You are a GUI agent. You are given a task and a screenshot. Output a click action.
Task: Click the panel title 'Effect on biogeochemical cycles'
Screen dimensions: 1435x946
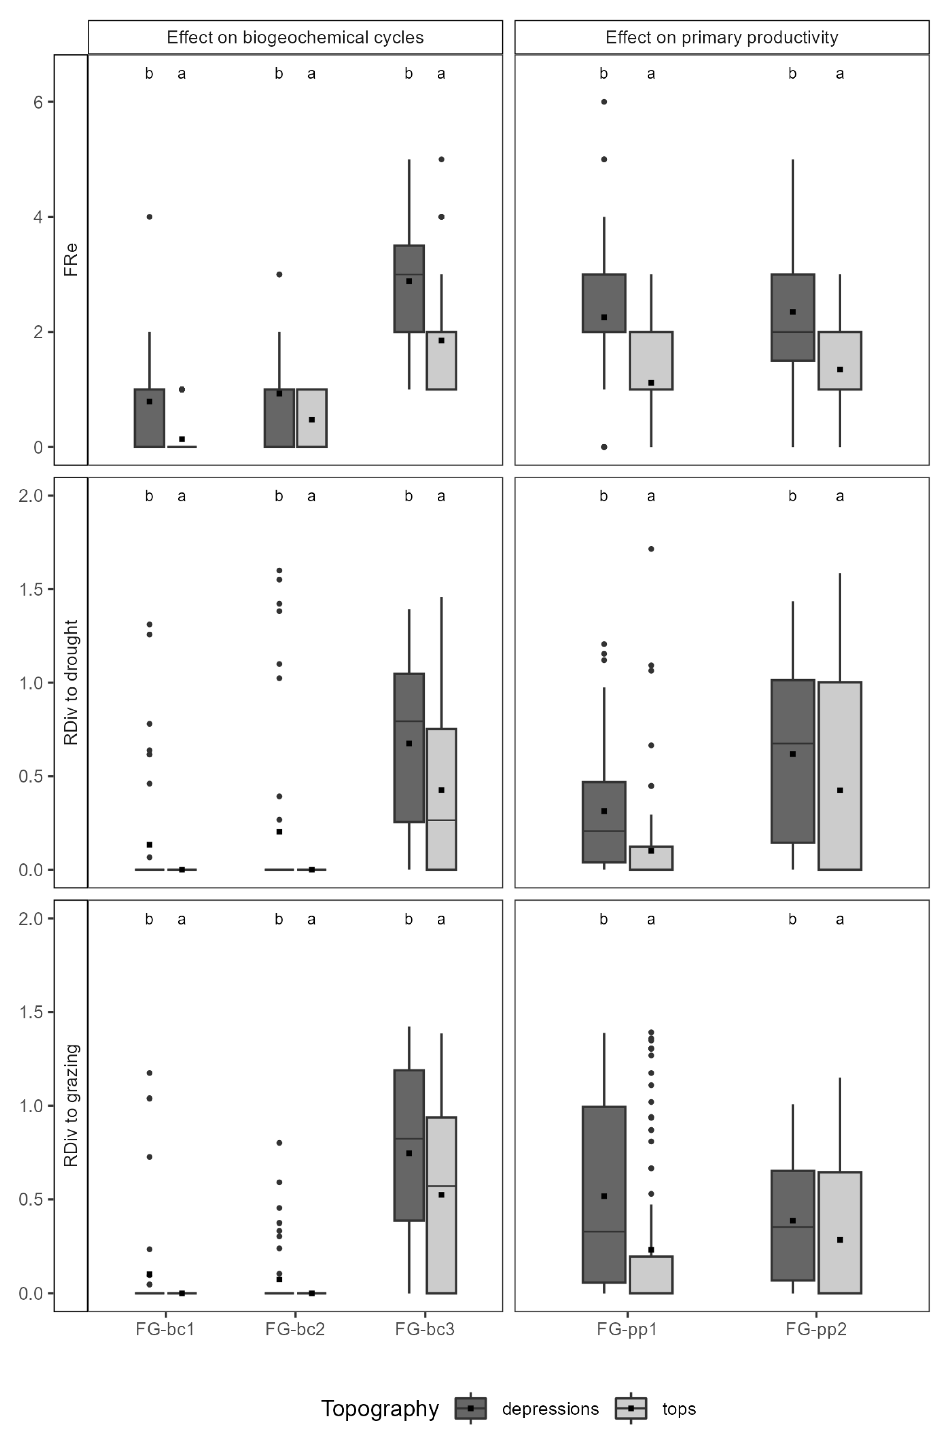click(295, 38)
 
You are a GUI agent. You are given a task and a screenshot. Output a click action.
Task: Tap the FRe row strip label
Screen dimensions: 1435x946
click(71, 259)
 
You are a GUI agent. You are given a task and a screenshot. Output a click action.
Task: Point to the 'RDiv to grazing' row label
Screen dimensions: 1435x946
click(71, 1106)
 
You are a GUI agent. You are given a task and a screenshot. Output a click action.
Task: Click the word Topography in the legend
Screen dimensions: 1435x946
click(379, 1409)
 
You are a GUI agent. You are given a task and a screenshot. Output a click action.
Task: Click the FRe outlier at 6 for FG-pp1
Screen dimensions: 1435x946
click(604, 102)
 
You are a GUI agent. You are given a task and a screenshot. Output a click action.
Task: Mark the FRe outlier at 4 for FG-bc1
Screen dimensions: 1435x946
click(150, 217)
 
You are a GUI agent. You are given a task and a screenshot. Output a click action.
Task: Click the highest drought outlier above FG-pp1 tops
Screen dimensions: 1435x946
click(651, 549)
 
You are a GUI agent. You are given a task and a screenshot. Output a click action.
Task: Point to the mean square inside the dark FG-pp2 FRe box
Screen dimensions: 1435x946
click(793, 312)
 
